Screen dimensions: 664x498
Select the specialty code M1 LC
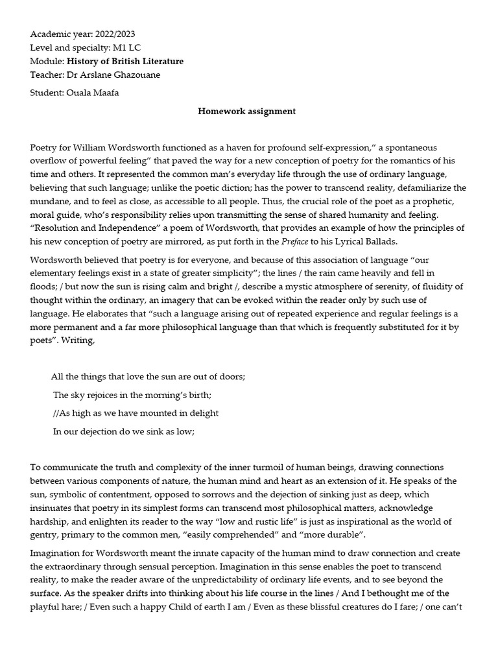[x=131, y=47]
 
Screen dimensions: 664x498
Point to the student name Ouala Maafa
[x=93, y=93]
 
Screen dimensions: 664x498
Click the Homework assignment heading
[x=246, y=111]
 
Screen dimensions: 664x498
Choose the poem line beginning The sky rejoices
[x=132, y=394]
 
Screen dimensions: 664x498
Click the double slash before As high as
[x=56, y=413]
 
